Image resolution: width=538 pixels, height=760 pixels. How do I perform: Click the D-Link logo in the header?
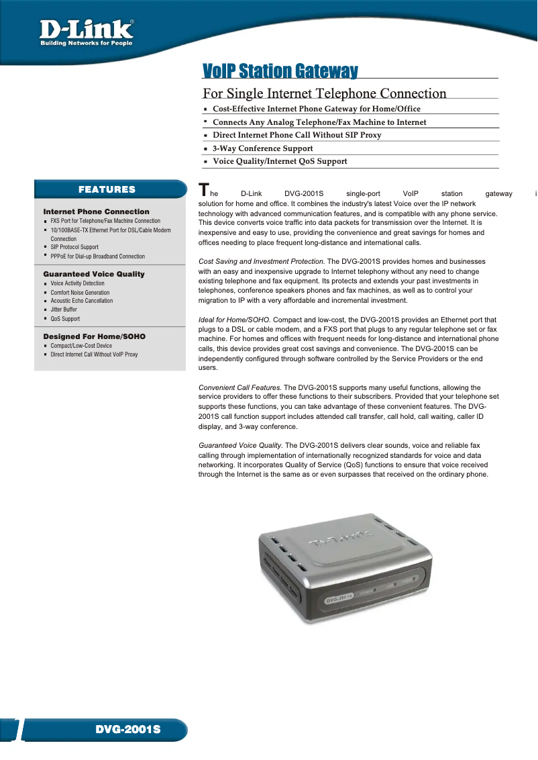pyautogui.click(x=86, y=32)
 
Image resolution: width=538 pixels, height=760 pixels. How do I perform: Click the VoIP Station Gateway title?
pyautogui.click(x=280, y=71)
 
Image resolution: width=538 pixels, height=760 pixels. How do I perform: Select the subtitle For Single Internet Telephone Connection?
pyautogui.click(x=324, y=93)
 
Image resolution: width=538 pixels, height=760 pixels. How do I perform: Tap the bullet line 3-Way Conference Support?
pyautogui.click(x=262, y=148)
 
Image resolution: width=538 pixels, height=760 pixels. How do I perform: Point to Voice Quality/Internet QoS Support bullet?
pyautogui.click(x=280, y=161)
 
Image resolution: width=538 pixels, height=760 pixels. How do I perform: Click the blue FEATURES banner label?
pyautogui.click(x=107, y=190)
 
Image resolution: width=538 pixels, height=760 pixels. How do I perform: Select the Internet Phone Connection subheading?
pyautogui.click(x=96, y=211)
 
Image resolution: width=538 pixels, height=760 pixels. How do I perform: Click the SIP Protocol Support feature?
pyautogui.click(x=74, y=247)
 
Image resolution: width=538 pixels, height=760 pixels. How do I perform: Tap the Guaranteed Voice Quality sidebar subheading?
pyautogui.click(x=94, y=274)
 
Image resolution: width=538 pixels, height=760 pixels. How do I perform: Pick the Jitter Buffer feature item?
pyautogui.click(x=64, y=310)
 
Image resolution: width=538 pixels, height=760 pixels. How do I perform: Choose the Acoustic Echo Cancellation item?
pyautogui.click(x=82, y=301)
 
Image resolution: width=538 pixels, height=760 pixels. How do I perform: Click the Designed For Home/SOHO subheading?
pyautogui.click(x=94, y=336)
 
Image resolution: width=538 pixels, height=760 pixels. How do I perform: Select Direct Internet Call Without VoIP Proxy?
pyautogui.click(x=94, y=354)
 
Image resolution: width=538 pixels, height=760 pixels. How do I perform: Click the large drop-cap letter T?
pyautogui.click(x=204, y=190)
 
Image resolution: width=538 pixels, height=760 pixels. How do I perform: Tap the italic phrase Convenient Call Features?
pyautogui.click(x=240, y=387)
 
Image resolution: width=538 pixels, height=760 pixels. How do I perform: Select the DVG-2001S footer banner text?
pyautogui.click(x=127, y=729)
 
